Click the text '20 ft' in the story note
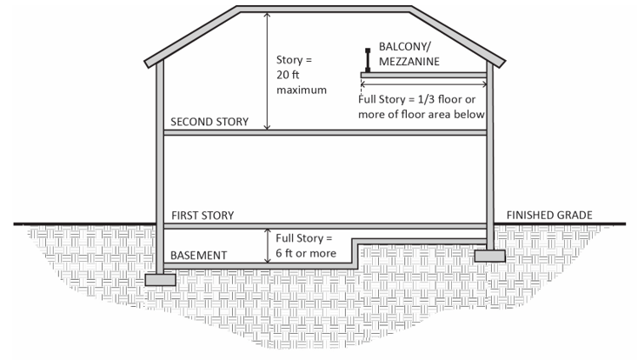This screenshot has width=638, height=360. pyautogui.click(x=288, y=75)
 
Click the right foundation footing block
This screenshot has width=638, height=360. pyautogui.click(x=491, y=256)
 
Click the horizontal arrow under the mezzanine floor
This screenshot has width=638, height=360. pyautogui.click(x=422, y=83)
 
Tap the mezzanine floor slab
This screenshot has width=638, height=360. pyautogui.click(x=422, y=75)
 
